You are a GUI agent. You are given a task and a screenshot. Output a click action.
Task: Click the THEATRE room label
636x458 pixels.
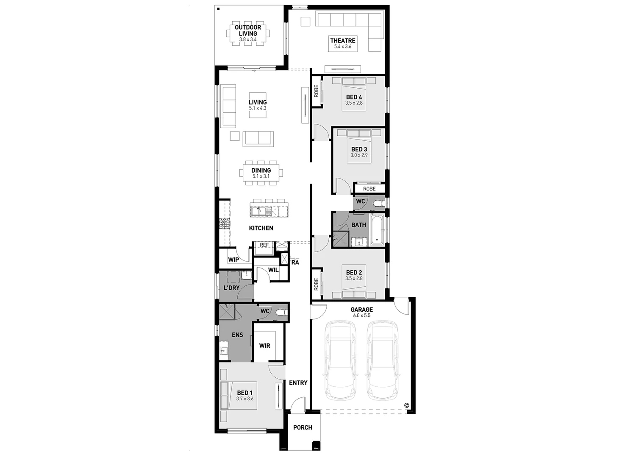click(342, 41)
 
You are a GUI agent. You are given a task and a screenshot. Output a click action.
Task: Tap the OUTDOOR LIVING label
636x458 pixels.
click(248, 31)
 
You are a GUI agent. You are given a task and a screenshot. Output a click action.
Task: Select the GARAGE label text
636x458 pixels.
click(361, 310)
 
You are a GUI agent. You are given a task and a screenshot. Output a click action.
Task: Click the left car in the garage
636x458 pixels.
click(340, 360)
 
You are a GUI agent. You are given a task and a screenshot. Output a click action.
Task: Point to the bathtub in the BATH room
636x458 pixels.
click(377, 230)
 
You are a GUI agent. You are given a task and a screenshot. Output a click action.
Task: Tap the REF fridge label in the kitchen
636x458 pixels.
click(264, 245)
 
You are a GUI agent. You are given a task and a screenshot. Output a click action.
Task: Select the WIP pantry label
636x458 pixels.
click(233, 260)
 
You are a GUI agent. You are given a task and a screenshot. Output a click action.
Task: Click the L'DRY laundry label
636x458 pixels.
click(231, 288)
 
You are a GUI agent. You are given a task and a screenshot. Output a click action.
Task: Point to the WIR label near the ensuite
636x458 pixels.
click(264, 346)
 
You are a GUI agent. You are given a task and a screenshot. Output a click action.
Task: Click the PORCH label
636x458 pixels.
click(303, 427)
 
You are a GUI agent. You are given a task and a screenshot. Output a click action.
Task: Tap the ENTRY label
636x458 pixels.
click(298, 383)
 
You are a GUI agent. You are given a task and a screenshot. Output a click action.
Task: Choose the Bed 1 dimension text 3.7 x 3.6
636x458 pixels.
click(245, 399)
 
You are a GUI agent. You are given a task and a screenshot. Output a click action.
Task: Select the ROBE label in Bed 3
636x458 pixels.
click(369, 189)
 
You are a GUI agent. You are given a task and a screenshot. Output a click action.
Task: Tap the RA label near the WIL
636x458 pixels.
click(295, 263)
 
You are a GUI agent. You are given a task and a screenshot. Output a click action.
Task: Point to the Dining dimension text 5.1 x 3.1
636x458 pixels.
click(261, 176)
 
